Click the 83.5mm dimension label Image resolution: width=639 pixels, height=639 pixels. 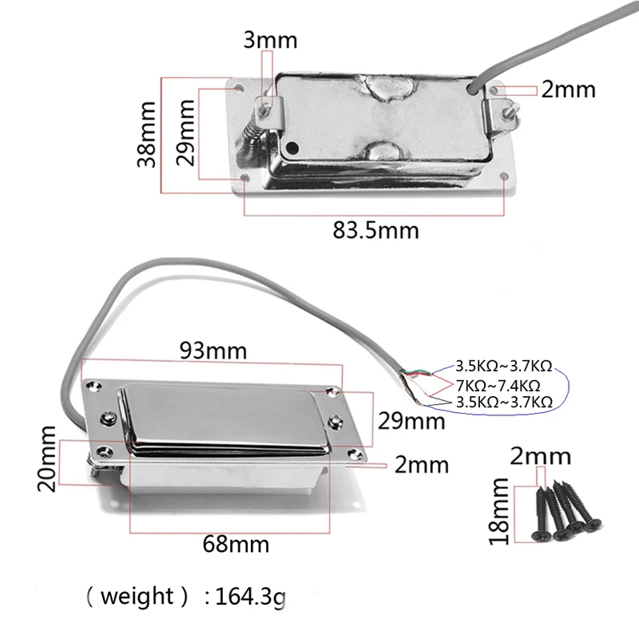click(x=375, y=231)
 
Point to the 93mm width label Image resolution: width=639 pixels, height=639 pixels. click(x=213, y=350)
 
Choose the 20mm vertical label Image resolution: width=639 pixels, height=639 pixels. click(x=46, y=459)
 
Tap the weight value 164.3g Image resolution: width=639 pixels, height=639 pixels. click(x=249, y=597)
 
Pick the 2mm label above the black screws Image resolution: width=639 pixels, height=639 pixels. click(x=541, y=456)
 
